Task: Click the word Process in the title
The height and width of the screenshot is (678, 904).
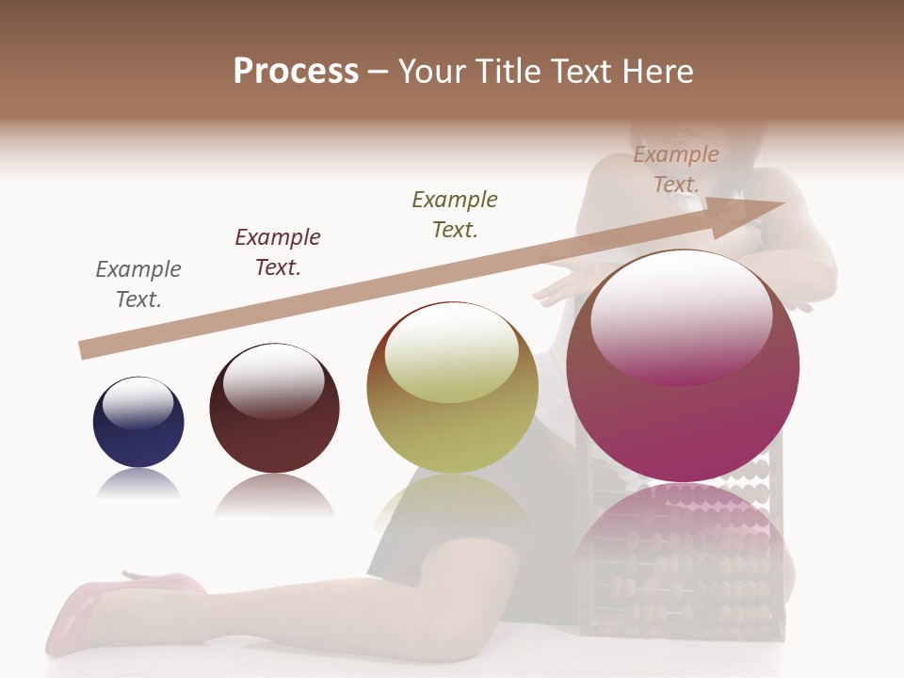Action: pyautogui.click(x=296, y=72)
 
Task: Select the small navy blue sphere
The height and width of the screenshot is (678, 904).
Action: pyautogui.click(x=138, y=423)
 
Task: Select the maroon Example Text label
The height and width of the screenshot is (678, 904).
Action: pyautogui.click(x=278, y=252)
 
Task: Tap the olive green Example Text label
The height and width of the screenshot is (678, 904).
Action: pyautogui.click(x=455, y=214)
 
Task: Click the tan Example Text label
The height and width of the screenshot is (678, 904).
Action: pyautogui.click(x=676, y=169)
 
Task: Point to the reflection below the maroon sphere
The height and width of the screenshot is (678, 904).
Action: pyautogui.click(x=274, y=494)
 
